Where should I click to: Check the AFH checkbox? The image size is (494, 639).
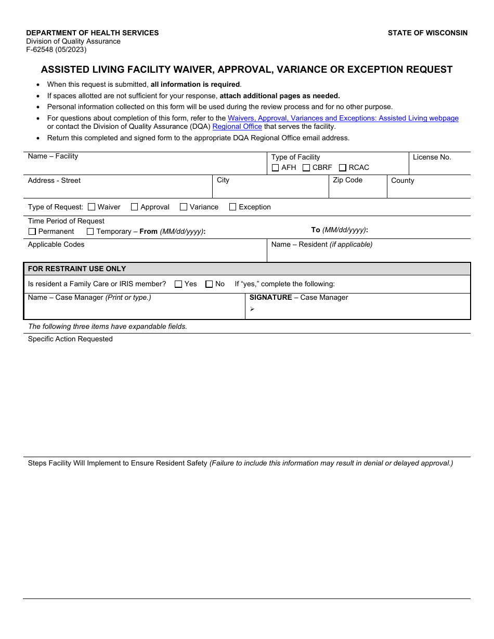276,168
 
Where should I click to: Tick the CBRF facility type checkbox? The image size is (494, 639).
306,168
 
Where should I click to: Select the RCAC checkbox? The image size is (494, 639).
343,168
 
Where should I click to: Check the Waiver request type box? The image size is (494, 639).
92,207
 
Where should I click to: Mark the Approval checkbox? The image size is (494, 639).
135,207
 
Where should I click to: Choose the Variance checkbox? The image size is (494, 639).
184,207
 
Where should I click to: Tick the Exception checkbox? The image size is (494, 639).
232,207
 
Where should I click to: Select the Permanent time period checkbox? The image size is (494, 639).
32,232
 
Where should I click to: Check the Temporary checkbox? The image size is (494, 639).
90,232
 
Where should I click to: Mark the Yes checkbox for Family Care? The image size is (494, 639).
178,284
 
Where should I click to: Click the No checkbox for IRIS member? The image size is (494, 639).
209,284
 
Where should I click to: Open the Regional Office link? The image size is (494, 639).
237,126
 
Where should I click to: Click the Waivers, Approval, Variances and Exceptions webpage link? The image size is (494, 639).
343,118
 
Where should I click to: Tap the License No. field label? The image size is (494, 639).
432,157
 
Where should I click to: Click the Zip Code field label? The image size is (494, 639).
347,180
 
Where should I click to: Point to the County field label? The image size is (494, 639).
402,180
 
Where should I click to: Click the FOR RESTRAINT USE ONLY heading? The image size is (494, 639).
77,269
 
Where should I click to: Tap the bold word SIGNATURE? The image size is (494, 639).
270,297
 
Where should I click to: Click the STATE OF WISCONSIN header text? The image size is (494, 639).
427,33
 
